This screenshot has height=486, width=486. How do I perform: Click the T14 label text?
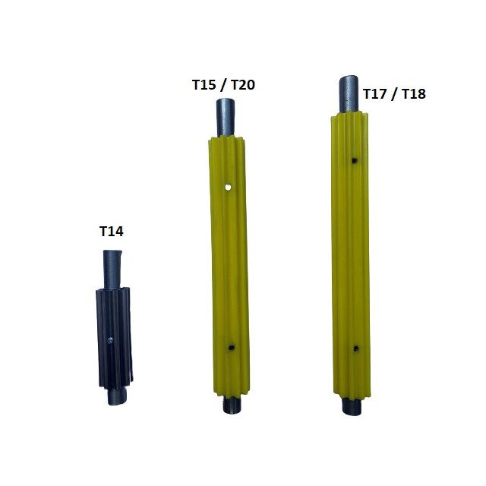click(x=112, y=232)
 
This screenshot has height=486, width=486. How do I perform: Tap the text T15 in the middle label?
click(x=204, y=85)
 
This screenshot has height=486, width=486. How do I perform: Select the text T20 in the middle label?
click(x=243, y=85)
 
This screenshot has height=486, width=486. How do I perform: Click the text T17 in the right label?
click(x=374, y=94)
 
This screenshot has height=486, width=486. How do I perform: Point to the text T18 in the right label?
click(x=414, y=94)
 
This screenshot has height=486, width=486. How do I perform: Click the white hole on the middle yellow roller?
click(x=228, y=188)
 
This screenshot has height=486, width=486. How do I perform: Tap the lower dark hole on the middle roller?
click(x=231, y=348)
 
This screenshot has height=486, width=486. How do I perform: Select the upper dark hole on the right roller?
click(x=355, y=160)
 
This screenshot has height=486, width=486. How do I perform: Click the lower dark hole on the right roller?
click(x=356, y=349)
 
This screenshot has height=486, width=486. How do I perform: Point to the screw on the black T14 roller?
click(x=110, y=341)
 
